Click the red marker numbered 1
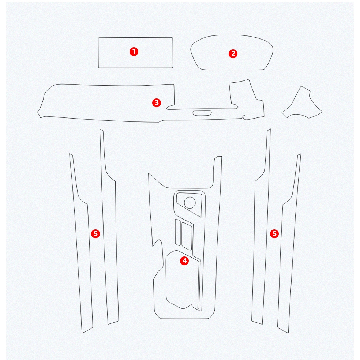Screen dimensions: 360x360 pyautogui.click(x=134, y=52)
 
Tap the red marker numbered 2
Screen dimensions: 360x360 pyautogui.click(x=233, y=53)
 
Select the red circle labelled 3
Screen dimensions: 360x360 pyautogui.click(x=157, y=102)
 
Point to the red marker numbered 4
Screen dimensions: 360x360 pyautogui.click(x=184, y=260)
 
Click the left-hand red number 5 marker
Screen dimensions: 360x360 pyautogui.click(x=95, y=233)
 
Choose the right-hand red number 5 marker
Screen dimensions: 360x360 pyautogui.click(x=274, y=233)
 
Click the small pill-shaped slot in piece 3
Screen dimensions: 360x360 pyautogui.click(x=202, y=113)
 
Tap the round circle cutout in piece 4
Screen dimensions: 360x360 pyautogui.click(x=190, y=203)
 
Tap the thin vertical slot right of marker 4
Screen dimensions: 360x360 pyautogui.click(x=199, y=286)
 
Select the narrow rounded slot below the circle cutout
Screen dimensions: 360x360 pyautogui.click(x=178, y=232)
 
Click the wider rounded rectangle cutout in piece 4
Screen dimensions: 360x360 pyautogui.click(x=187, y=236)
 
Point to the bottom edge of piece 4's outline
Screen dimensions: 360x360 pyautogui.click(x=185, y=319)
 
